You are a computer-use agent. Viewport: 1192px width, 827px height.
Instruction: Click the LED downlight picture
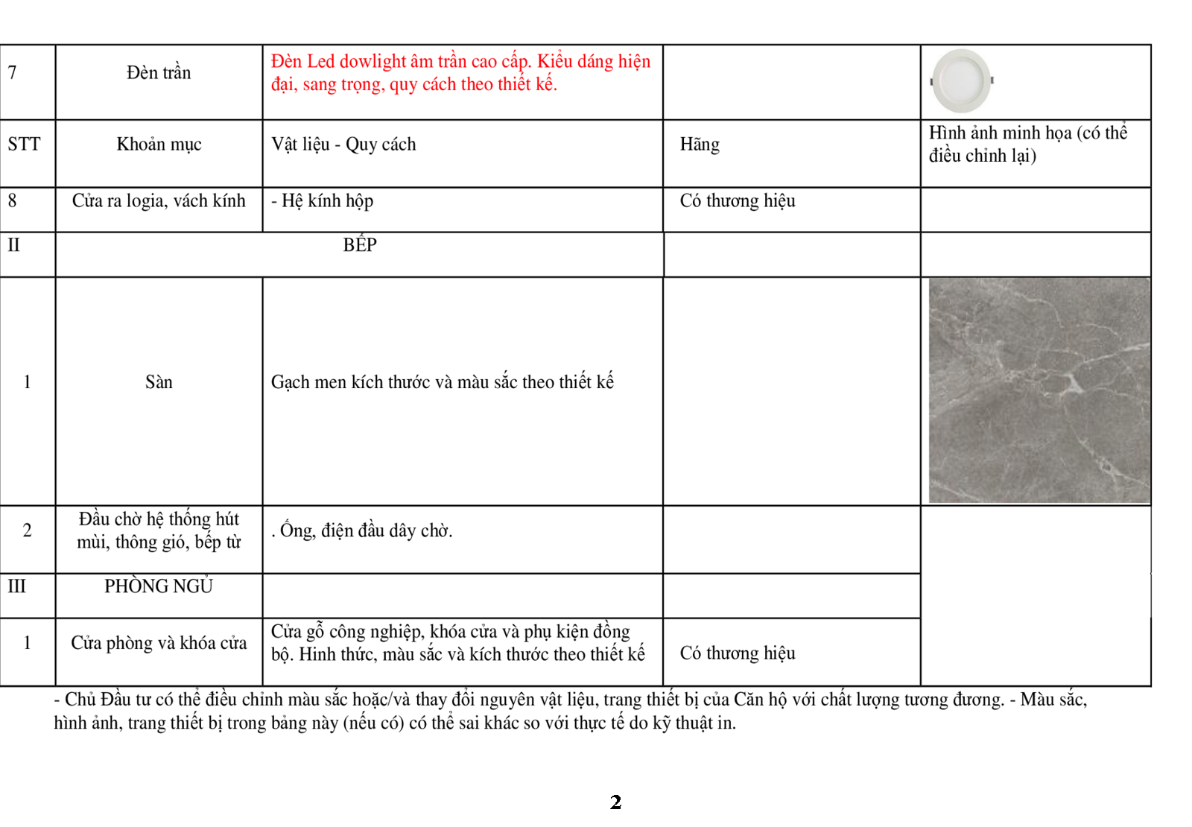962,80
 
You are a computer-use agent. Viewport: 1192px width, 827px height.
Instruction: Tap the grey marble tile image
1039,390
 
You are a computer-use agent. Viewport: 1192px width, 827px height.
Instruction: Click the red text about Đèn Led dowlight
460,72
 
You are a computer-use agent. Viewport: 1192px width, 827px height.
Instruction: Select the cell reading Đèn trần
159,72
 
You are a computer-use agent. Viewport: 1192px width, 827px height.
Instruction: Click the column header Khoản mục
159,144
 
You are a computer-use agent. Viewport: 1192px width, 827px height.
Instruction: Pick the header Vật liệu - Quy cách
343,144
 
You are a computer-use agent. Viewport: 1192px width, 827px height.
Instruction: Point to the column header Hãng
700,144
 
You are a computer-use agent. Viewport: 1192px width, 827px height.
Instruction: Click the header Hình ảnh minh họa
1027,144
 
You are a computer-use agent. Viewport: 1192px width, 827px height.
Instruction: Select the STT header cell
24,144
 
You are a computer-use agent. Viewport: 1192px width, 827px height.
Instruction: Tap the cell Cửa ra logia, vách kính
159,200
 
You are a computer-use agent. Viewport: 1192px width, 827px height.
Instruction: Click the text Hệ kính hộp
323,200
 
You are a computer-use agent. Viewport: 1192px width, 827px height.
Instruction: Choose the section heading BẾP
360,245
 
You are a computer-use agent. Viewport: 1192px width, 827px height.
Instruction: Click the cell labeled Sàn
159,382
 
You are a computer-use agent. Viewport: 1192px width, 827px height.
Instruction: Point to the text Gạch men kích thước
442,382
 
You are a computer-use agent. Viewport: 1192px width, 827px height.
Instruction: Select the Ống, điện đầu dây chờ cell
362,530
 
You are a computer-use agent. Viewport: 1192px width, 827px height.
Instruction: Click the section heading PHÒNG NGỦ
159,586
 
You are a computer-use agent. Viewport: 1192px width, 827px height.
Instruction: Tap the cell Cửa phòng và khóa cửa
159,643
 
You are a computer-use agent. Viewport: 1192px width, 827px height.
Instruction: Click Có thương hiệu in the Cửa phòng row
738,653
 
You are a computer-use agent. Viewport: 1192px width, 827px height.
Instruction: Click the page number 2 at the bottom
615,802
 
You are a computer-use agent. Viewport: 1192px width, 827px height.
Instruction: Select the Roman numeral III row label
16,586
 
